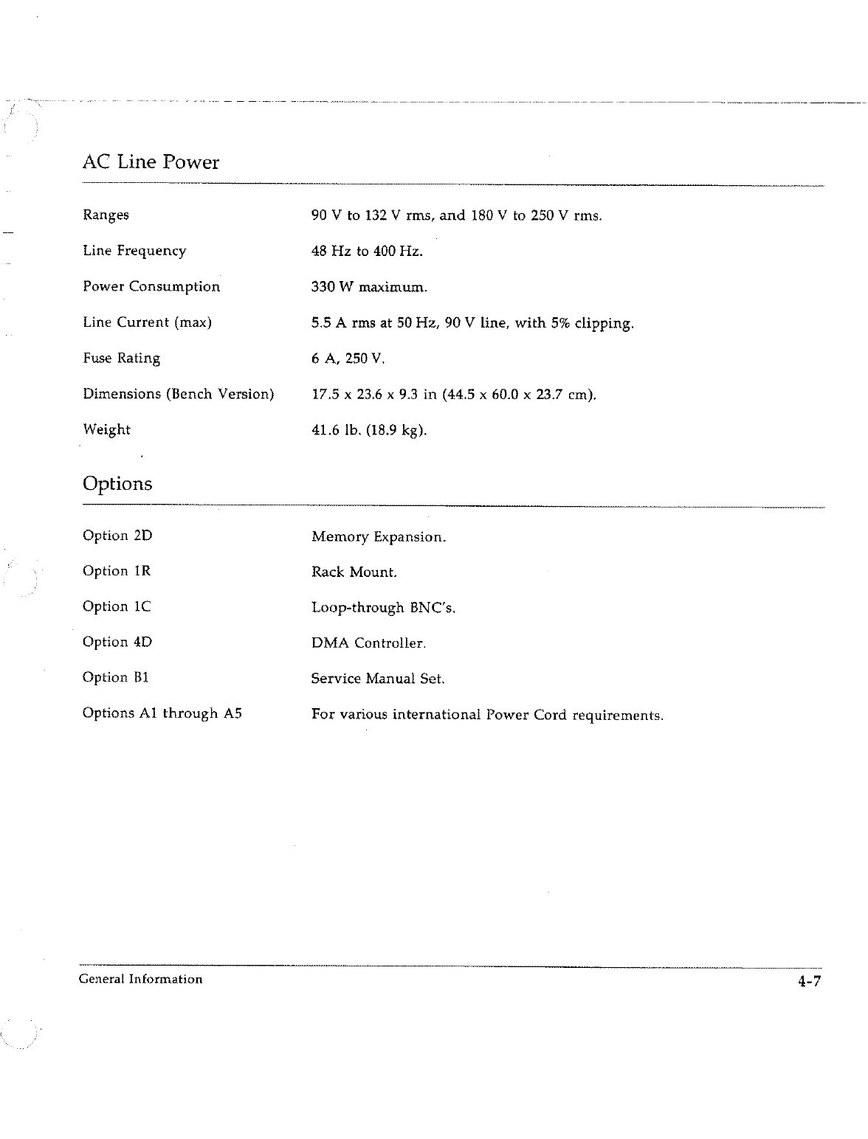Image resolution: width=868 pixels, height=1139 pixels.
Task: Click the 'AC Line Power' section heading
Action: (151, 162)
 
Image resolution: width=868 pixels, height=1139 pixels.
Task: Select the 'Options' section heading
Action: (117, 484)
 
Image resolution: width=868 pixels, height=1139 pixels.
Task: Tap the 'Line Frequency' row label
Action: (134, 251)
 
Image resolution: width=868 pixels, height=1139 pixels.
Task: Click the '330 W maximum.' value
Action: (369, 287)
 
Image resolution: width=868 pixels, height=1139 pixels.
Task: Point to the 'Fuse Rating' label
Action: (121, 359)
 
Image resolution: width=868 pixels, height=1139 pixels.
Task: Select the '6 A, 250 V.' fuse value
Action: (348, 359)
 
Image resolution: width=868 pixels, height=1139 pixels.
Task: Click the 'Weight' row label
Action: (106, 429)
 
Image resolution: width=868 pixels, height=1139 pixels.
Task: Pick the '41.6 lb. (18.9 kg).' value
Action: (369, 430)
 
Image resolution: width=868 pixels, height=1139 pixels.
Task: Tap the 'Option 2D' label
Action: (117, 536)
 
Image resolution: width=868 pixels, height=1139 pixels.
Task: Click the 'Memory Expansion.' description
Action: (379, 537)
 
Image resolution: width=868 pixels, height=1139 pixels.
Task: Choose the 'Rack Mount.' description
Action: (354, 572)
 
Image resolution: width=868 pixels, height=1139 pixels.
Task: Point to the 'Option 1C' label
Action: (117, 606)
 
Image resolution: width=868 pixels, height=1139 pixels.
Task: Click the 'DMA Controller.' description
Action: (368, 643)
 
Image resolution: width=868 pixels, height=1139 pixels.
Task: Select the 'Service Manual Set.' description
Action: (378, 679)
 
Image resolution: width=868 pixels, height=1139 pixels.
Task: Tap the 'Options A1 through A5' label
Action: (162, 713)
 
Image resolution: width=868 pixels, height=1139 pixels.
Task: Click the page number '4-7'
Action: (808, 981)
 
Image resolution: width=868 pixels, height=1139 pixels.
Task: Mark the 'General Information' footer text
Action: (140, 980)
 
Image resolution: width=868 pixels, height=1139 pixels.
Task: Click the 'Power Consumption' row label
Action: (151, 287)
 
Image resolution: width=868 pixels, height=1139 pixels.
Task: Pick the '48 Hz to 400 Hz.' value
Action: (367, 252)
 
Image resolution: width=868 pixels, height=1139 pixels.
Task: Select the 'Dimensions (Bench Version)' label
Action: (178, 394)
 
